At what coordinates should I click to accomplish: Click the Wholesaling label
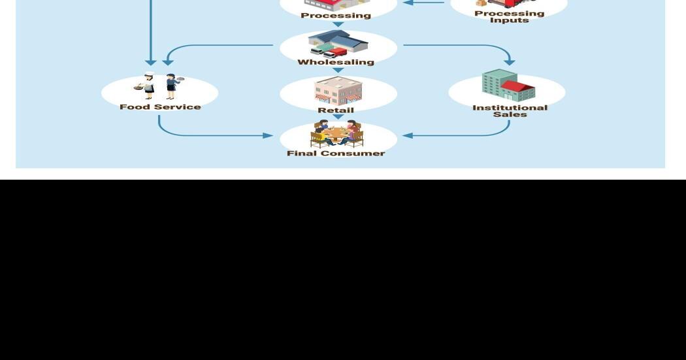[x=336, y=62]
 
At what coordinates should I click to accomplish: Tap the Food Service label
[x=160, y=106]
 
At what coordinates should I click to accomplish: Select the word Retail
[x=336, y=110]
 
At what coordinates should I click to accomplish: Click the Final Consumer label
[x=336, y=153]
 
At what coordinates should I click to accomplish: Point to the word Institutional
[x=510, y=107]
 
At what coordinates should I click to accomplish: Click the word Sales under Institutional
[x=510, y=114]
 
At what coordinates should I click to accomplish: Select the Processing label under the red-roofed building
[x=336, y=15]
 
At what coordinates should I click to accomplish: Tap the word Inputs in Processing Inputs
[x=510, y=20]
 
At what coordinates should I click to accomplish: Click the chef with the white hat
[x=148, y=85]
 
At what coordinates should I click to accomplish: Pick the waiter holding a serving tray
[x=171, y=85]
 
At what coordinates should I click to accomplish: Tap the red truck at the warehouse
[x=336, y=52]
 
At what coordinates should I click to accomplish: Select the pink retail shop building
[x=338, y=91]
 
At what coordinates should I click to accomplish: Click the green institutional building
[x=500, y=85]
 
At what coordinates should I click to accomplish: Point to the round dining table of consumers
[x=336, y=135]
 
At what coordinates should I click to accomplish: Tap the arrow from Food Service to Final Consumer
[x=209, y=135]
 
